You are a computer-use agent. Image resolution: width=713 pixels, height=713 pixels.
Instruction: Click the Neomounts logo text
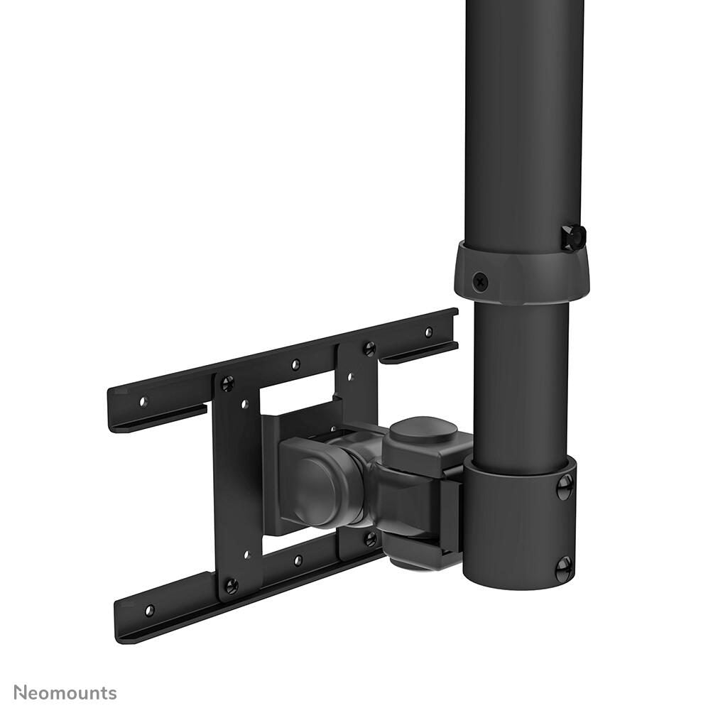[65, 692]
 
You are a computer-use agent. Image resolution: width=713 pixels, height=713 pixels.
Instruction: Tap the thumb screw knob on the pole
[573, 237]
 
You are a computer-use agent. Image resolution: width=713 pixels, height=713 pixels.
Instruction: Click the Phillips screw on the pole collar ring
[481, 281]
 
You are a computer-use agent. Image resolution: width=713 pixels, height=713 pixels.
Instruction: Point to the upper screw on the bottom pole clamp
[565, 486]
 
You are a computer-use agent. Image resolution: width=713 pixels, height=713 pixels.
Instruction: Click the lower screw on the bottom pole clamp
[563, 567]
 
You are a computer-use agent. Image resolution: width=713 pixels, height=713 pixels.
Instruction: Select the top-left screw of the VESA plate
[227, 383]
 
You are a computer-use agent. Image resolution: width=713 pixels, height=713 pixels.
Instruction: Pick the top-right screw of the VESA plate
[369, 348]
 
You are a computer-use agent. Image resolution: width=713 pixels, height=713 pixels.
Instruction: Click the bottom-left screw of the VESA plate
[230, 586]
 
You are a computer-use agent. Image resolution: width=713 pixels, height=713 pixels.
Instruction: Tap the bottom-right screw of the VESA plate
[370, 538]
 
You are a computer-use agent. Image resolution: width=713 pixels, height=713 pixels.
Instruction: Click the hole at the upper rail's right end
[428, 332]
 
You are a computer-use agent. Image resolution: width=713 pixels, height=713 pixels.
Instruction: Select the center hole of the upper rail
[295, 365]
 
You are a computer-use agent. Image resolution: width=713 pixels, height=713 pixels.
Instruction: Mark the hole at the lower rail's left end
[149, 609]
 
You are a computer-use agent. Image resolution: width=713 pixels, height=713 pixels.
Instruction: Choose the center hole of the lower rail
[298, 560]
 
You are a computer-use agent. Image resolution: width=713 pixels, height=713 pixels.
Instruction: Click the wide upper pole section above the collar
[524, 121]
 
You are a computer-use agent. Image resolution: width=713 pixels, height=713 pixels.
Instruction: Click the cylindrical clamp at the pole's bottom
[518, 526]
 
